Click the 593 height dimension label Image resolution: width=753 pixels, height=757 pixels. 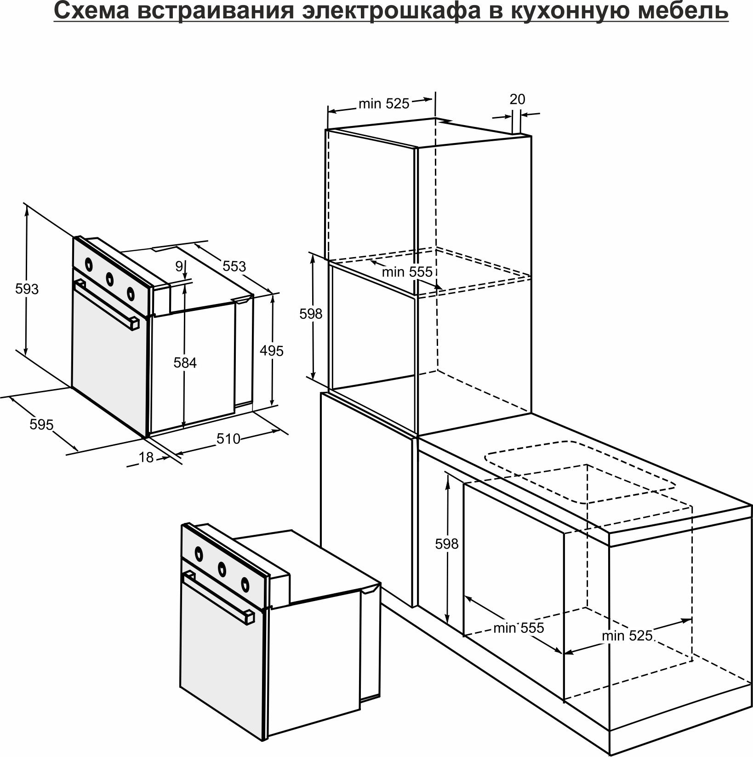(27, 289)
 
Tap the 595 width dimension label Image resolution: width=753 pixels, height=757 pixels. (41, 424)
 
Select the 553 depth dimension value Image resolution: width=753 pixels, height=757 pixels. (234, 266)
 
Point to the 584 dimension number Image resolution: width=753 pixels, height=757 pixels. (185, 363)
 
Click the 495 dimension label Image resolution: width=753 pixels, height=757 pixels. (272, 351)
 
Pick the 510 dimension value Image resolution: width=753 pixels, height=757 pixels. (228, 439)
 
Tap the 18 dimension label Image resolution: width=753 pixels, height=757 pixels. (146, 457)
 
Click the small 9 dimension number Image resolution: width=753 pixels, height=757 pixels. (179, 266)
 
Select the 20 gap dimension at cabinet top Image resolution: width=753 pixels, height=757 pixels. (517, 99)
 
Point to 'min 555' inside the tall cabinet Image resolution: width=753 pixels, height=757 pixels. (407, 272)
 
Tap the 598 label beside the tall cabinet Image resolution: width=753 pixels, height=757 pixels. (311, 314)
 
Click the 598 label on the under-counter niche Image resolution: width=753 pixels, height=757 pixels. (447, 544)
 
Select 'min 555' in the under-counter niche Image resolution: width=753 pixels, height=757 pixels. (518, 628)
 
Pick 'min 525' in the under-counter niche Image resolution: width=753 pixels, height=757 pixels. (627, 636)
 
